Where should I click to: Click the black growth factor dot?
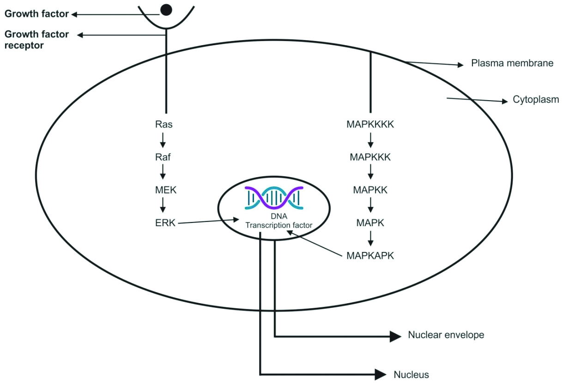pyautogui.click(x=165, y=9)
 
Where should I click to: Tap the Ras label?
pyautogui.click(x=163, y=124)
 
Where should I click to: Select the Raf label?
pyautogui.click(x=163, y=157)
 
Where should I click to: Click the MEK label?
pyautogui.click(x=163, y=190)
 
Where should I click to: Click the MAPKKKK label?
pyautogui.click(x=370, y=124)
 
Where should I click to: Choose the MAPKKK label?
pyautogui.click(x=370, y=157)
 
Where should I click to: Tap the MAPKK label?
pyautogui.click(x=370, y=190)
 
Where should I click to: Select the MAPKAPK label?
pyautogui.click(x=370, y=256)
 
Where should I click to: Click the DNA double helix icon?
pyautogui.click(x=274, y=197)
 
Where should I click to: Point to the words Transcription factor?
pyautogui.click(x=279, y=225)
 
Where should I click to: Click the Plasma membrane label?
pyautogui.click(x=512, y=63)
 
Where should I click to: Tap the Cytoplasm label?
pyautogui.click(x=536, y=100)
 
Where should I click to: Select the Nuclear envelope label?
pyautogui.click(x=446, y=335)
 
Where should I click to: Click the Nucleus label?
pyautogui.click(x=411, y=375)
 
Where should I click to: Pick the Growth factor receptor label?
pyautogui.click(x=36, y=40)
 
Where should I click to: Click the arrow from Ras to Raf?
pyautogui.click(x=163, y=140)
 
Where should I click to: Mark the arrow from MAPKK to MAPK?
pyautogui.click(x=370, y=206)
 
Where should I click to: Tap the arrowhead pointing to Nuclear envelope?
pyautogui.click(x=395, y=336)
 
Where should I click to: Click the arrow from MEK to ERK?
pyautogui.click(x=163, y=206)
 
